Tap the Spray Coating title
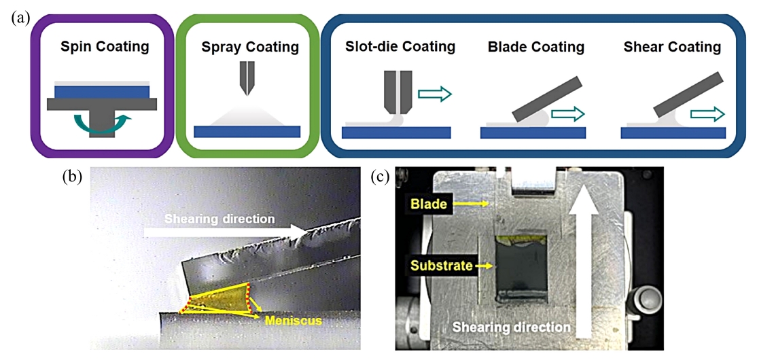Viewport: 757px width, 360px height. pos(250,48)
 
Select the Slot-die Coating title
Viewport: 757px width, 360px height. pos(400,47)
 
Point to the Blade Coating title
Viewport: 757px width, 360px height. pos(536,47)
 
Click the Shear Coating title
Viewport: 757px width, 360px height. pos(672,47)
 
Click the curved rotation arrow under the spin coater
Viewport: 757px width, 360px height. pos(101,124)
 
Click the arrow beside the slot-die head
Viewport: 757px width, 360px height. pos(434,94)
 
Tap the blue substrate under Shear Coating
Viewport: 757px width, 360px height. pos(673,132)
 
